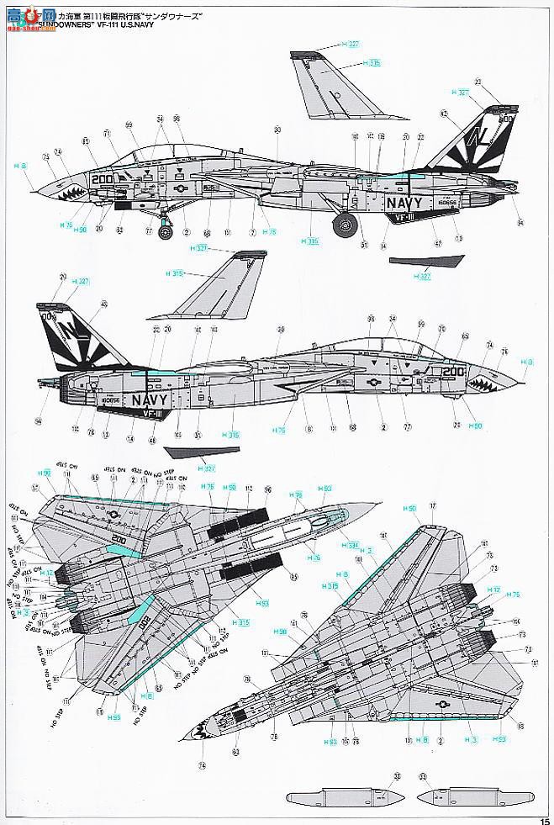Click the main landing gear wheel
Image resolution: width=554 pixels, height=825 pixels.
pyautogui.click(x=344, y=224)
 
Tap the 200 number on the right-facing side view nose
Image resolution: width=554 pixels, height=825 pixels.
pyautogui.click(x=454, y=370)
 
